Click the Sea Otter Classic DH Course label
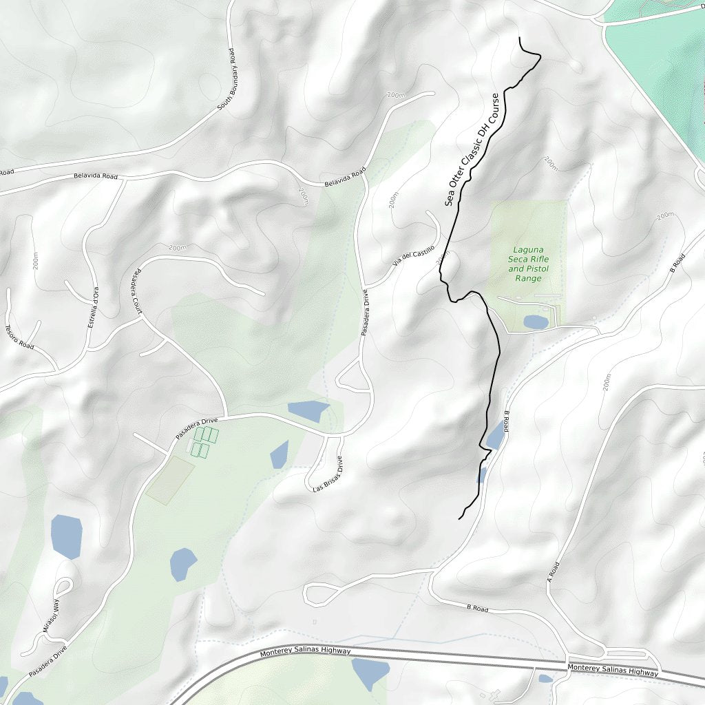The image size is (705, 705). click(x=472, y=149)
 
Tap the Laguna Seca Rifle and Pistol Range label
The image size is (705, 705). click(x=529, y=264)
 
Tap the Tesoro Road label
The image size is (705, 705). click(x=19, y=336)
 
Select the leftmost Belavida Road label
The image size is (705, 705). click(x=96, y=176)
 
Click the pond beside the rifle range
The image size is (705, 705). click(x=536, y=322)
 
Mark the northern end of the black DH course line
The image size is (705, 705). click(x=518, y=38)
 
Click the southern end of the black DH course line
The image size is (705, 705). click(x=459, y=518)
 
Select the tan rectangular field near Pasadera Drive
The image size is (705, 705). click(x=170, y=480)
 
